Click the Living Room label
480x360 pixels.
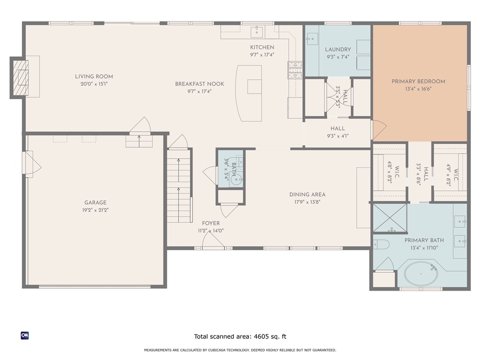point(94,76)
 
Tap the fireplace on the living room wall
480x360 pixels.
point(20,77)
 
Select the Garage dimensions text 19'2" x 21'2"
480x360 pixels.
point(95,210)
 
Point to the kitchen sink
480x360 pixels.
point(257,32)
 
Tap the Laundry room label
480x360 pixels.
point(337,50)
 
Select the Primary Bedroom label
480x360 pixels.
point(418,82)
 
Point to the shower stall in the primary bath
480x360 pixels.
point(390,218)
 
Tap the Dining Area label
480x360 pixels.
point(307,195)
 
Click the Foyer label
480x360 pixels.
point(210,224)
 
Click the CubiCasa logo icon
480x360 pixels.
point(25,335)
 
